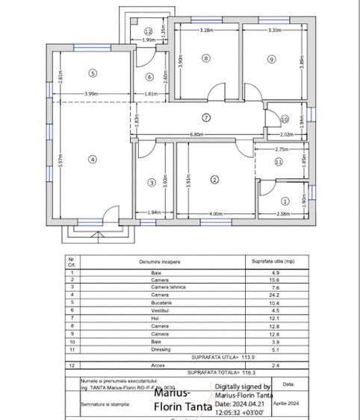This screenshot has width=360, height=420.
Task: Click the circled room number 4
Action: tap(93, 159)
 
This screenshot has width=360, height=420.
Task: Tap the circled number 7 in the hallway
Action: tap(206, 117)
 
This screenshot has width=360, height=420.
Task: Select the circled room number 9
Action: tap(271, 59)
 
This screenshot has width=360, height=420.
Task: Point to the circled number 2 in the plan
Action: tap(214, 179)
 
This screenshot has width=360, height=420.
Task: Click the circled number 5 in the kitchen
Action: tap(93, 73)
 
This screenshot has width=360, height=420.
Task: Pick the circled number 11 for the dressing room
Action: tap(278, 161)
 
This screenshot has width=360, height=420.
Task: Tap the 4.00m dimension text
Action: tap(215, 214)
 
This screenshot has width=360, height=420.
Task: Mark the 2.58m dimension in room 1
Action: tap(283, 214)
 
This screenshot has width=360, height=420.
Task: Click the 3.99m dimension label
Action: tap(92, 93)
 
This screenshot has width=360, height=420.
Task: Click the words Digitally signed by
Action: tap(241, 386)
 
